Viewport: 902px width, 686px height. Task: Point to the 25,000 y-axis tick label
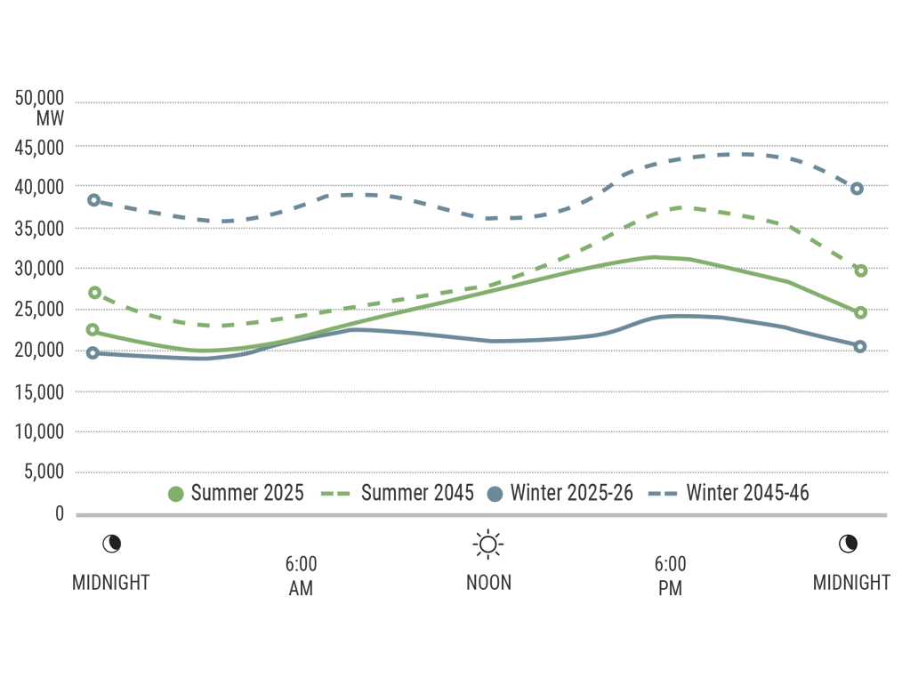point(39,310)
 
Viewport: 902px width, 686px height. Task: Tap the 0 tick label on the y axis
point(60,513)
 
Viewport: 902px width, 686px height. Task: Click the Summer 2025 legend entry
point(237,493)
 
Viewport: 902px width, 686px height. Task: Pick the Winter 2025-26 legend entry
point(560,493)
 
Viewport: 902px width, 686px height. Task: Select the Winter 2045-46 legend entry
point(729,493)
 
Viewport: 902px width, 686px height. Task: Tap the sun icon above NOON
point(488,543)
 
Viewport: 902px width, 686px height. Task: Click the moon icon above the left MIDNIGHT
point(110,543)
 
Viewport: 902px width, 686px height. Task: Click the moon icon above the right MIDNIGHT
point(850,543)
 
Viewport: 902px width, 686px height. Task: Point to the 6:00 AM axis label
point(301,577)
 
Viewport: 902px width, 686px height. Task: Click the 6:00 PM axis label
point(669,577)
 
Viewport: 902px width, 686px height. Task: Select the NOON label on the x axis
point(488,583)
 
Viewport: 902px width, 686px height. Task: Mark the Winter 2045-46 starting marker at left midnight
point(93,200)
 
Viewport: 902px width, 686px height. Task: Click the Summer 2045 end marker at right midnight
point(861,270)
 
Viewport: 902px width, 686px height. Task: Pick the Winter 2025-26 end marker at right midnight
point(860,346)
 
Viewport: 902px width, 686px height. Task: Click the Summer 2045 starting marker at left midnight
point(95,293)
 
